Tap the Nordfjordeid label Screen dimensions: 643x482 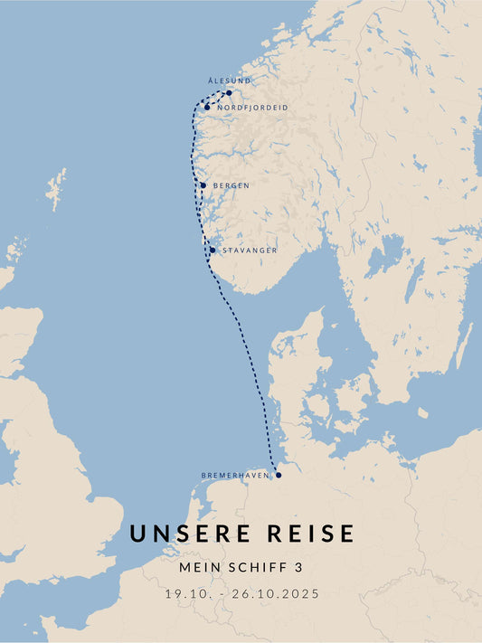pos(252,108)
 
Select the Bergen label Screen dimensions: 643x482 pos(232,185)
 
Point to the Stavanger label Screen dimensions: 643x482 pos(250,251)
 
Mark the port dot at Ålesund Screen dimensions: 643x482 pos(229,92)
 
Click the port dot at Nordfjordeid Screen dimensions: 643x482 pos(207,108)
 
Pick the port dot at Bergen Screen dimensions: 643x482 pos(203,185)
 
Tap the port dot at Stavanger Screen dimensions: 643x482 pos(213,251)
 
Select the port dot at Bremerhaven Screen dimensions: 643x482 pos(279,475)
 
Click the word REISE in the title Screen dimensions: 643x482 pos(310,534)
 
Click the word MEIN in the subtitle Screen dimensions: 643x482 pos(199,568)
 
